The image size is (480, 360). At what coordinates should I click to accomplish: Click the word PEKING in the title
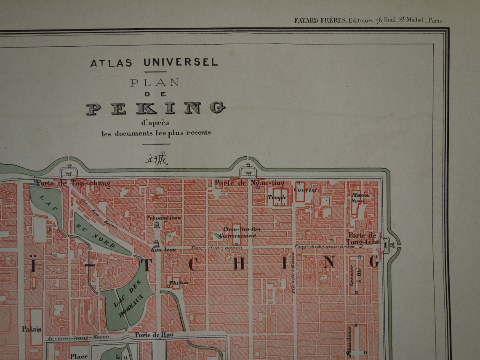155,108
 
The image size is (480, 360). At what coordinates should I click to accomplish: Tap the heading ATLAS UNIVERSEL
154,63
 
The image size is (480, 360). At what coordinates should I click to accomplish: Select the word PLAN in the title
155,83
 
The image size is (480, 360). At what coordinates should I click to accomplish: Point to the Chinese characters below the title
156,159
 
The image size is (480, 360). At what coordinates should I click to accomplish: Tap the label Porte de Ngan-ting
249,183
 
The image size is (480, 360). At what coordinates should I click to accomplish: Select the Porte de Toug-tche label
363,238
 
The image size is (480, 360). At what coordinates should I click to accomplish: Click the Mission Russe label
360,198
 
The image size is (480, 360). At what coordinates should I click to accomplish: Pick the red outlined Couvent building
300,192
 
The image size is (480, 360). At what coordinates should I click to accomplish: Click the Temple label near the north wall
277,197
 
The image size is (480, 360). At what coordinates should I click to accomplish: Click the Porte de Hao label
154,335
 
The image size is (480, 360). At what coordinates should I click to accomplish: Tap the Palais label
32,329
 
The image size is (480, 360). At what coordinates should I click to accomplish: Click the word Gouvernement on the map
237,236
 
